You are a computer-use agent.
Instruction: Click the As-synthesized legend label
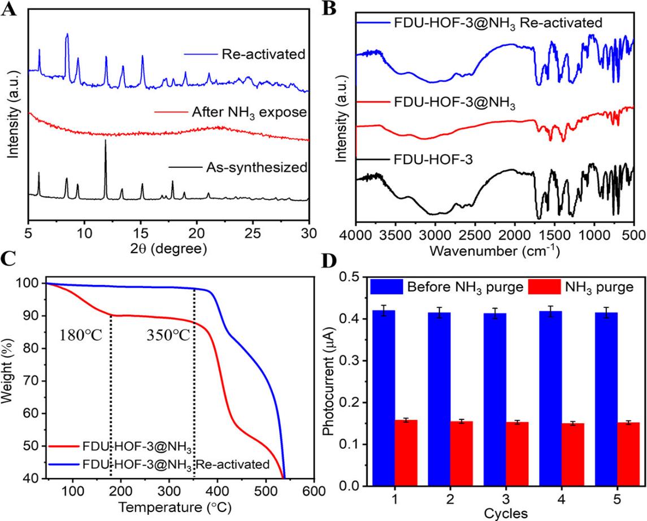point(266,167)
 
